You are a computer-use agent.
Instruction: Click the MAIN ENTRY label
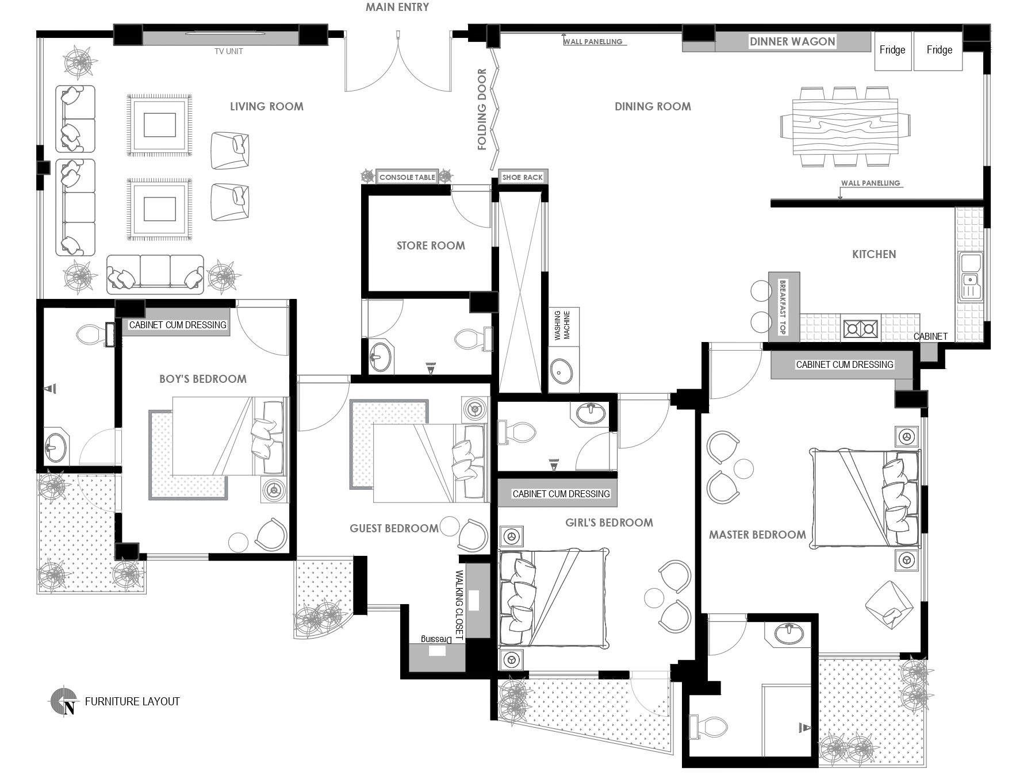point(397,7)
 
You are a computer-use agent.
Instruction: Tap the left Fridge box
point(893,50)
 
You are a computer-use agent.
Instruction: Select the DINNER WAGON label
point(792,41)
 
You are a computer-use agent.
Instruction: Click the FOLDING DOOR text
point(482,109)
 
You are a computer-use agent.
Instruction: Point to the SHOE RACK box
point(522,177)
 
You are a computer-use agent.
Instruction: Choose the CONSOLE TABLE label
point(407,177)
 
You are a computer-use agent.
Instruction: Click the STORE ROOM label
point(431,245)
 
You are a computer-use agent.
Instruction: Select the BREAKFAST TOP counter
point(784,307)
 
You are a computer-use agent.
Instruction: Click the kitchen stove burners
point(861,328)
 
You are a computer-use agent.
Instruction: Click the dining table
point(845,126)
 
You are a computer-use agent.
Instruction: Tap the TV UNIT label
point(228,51)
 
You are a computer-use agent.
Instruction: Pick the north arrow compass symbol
point(63,701)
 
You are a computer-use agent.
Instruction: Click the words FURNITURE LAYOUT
point(132,701)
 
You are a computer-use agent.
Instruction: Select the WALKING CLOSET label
point(459,605)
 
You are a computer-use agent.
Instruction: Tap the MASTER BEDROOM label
point(757,535)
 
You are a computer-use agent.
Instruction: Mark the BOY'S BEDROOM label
point(203,379)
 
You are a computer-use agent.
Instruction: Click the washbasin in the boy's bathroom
point(56,447)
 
